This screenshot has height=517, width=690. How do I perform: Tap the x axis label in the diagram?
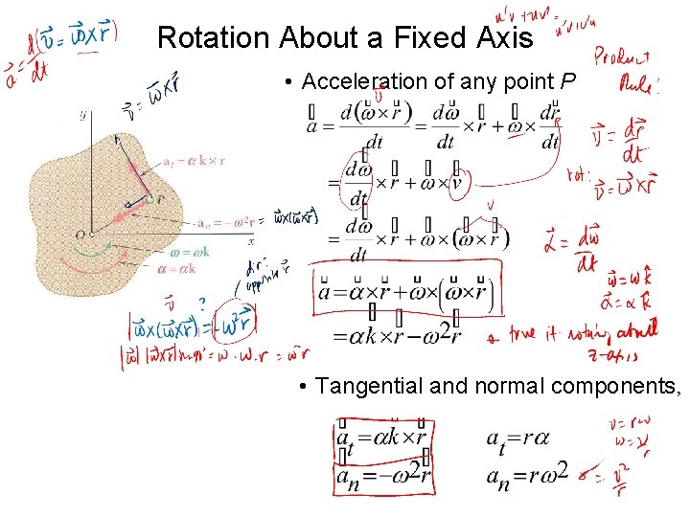(x=250, y=241)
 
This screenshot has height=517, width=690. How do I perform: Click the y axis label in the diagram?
(x=84, y=115)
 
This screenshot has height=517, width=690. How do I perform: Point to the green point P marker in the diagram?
(x=149, y=199)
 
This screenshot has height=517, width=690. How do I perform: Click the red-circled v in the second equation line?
(x=457, y=182)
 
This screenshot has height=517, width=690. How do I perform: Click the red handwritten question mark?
(x=202, y=304)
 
